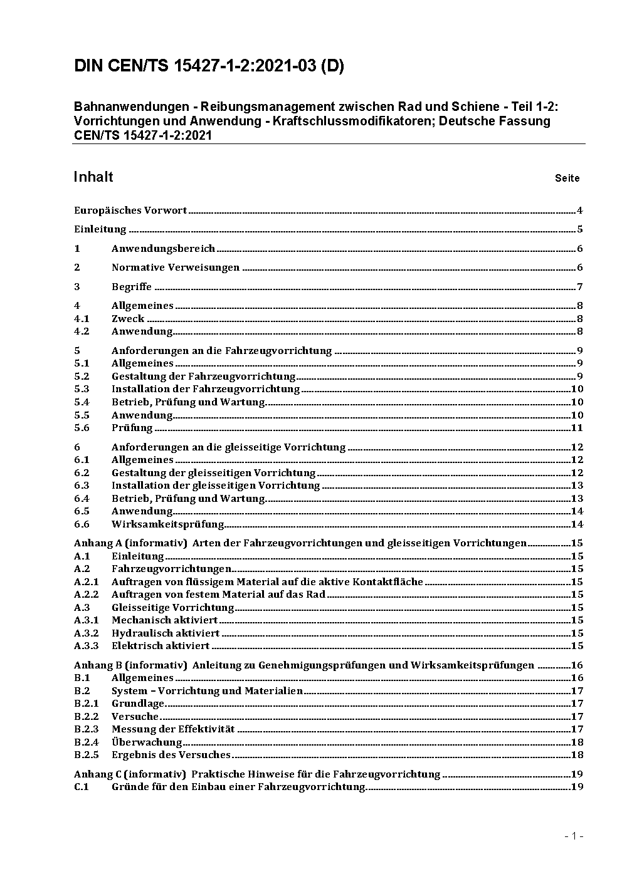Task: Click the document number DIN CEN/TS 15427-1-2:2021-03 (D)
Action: point(209,66)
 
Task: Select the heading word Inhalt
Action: point(93,177)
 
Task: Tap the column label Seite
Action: point(567,178)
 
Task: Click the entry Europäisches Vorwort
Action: point(130,211)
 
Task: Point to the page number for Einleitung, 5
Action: point(580,229)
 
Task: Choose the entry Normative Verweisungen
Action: point(176,268)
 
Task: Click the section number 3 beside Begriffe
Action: point(77,287)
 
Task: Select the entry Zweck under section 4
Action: point(128,319)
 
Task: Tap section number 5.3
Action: point(82,389)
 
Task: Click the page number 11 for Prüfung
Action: point(577,428)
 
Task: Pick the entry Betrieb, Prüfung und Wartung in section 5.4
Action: point(189,402)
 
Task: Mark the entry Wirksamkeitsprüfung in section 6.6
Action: point(168,524)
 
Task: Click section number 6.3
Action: point(82,486)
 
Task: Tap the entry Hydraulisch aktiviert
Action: point(166,633)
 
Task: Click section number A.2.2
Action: point(87,595)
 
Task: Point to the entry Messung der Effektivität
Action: point(173,729)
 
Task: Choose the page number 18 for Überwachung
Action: point(577,742)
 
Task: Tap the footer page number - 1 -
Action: point(574,836)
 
